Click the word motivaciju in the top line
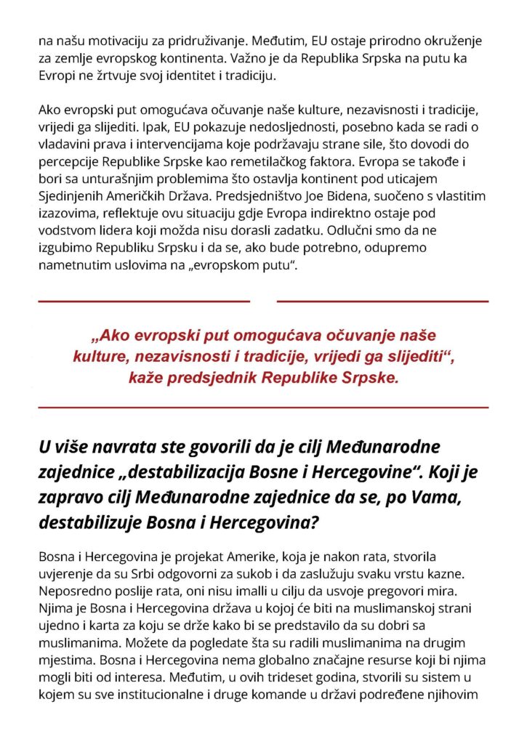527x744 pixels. (100, 42)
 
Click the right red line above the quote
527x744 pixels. (382, 301)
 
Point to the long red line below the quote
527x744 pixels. (263, 408)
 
